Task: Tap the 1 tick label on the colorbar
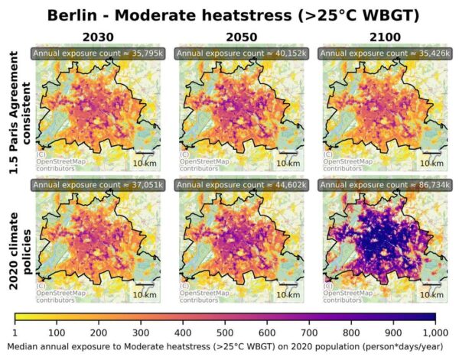15,332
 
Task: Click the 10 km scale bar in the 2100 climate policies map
431,292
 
